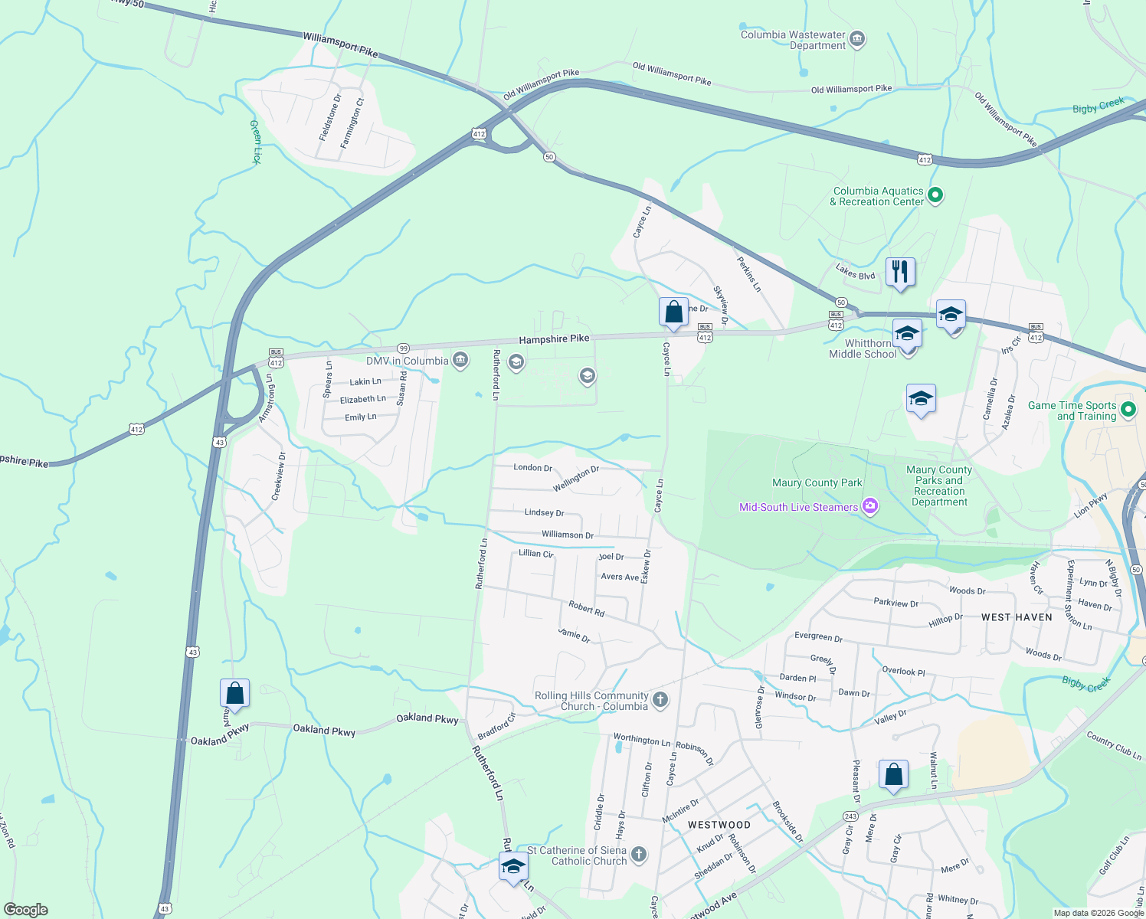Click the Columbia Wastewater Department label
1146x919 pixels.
point(793,40)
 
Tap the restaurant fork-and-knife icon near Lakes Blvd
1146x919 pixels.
point(900,272)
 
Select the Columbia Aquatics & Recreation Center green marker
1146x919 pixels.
point(935,195)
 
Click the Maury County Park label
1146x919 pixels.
point(817,482)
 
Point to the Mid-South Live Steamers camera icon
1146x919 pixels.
point(869,506)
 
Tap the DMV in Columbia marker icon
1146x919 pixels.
point(460,360)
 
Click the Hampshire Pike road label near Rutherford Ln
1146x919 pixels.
point(554,338)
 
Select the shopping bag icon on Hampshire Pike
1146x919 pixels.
point(673,312)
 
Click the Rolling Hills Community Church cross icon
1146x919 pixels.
point(660,699)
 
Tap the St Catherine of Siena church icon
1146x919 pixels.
point(639,854)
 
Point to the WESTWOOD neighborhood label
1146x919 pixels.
point(719,825)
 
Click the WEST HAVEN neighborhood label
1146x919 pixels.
point(1017,617)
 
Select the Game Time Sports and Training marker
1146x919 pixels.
point(1128,409)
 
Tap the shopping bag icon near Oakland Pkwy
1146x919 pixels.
point(234,693)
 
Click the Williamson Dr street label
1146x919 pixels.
point(567,535)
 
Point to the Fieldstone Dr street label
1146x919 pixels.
point(330,116)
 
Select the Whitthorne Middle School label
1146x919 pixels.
point(863,349)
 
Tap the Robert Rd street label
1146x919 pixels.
point(587,609)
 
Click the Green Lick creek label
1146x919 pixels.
point(256,142)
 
